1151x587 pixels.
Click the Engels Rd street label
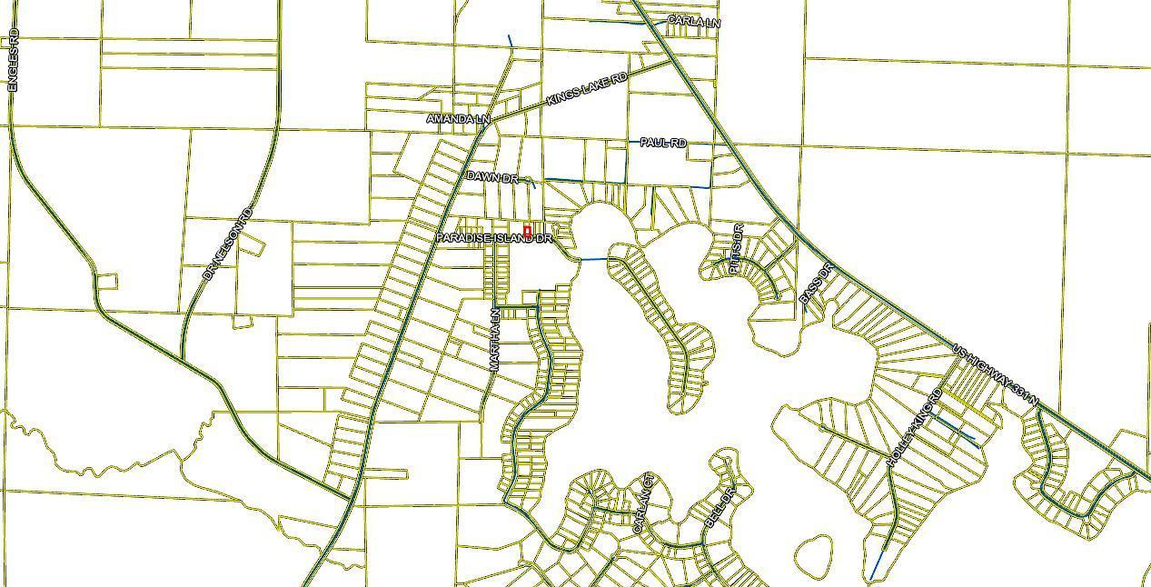point(13,60)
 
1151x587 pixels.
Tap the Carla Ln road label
point(693,21)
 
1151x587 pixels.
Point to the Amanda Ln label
point(458,119)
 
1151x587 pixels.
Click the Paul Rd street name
point(663,144)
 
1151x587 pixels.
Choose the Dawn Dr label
point(492,177)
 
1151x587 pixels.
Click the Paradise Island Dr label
point(493,238)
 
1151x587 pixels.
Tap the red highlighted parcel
point(527,232)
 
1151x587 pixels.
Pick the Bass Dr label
point(816,284)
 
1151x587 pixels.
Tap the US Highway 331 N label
point(995,373)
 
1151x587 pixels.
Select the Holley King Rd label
point(916,428)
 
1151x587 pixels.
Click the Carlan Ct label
point(642,503)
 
